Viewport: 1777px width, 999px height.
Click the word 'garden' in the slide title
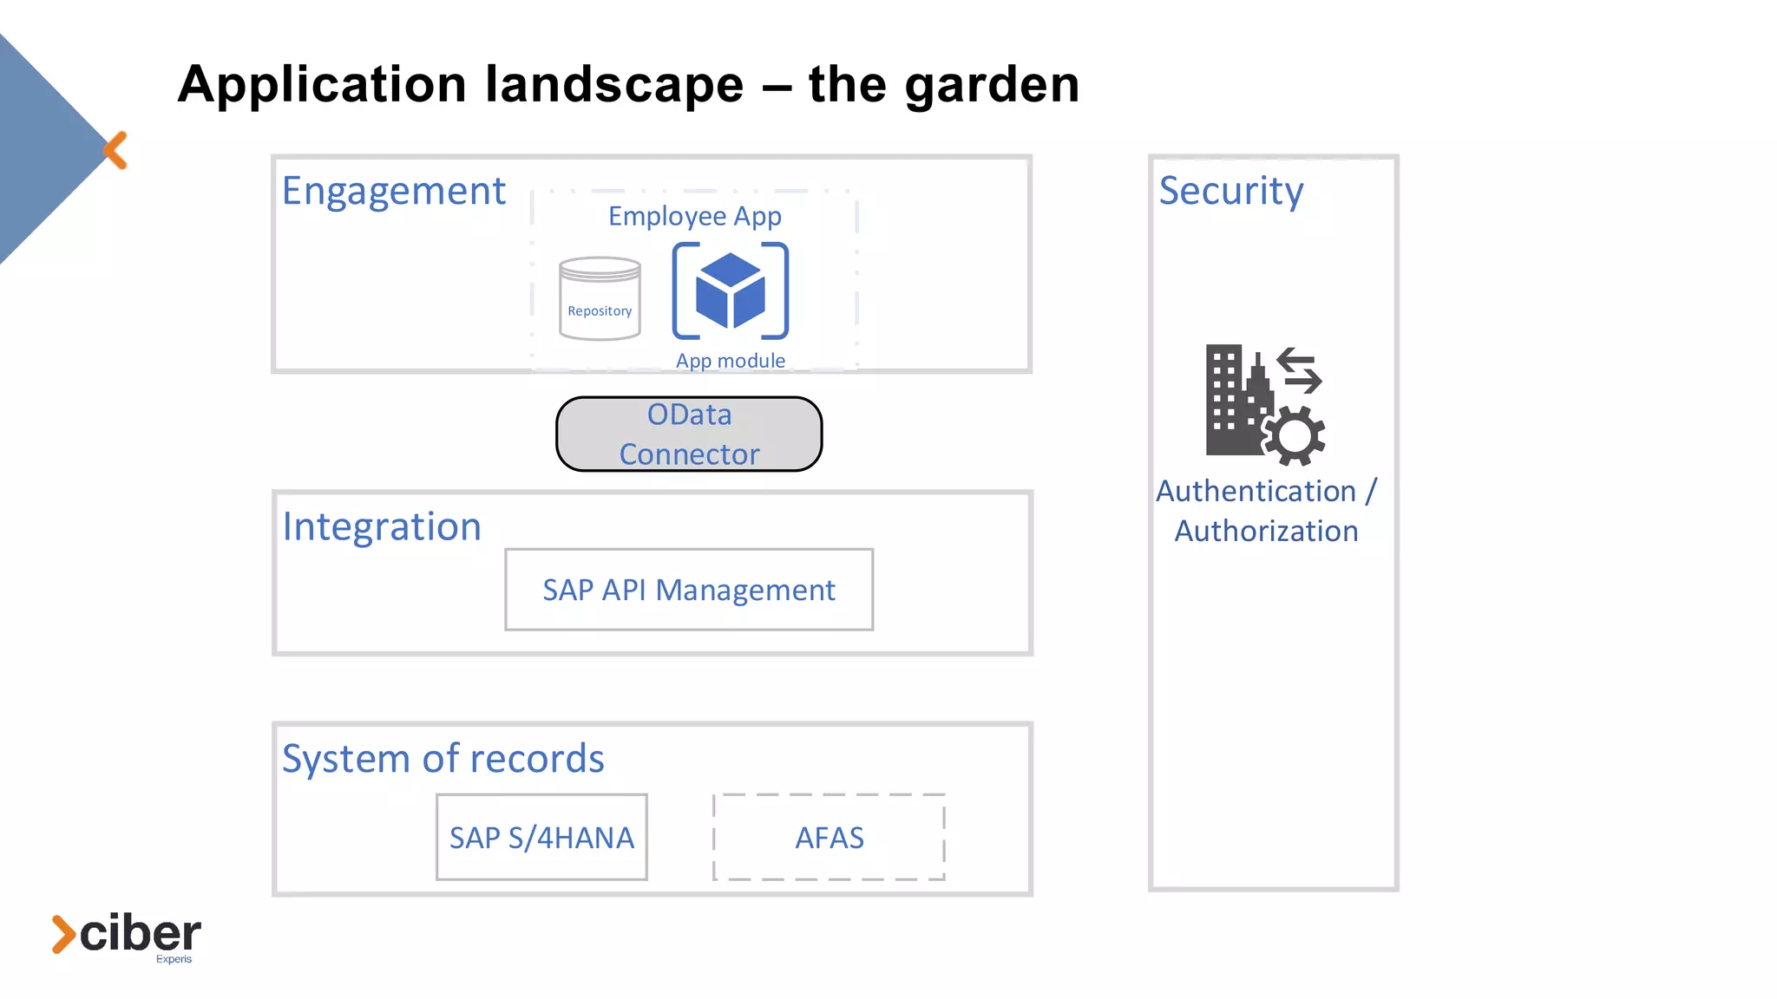click(991, 86)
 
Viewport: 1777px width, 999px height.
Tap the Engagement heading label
click(393, 192)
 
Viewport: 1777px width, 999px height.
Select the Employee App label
click(694, 216)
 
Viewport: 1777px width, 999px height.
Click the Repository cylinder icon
click(600, 298)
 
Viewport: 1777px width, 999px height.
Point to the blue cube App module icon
click(730, 291)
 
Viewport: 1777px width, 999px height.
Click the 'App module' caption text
click(730, 361)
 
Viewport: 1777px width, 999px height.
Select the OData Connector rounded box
click(689, 434)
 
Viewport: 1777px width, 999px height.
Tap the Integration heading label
click(382, 527)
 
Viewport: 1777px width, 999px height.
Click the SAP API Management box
click(689, 590)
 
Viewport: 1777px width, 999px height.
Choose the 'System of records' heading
click(443, 759)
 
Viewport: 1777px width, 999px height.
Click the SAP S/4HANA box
click(541, 838)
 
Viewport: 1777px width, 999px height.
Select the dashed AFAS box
click(829, 838)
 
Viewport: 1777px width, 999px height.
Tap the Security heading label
click(1230, 191)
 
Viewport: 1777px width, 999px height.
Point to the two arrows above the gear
click(1299, 370)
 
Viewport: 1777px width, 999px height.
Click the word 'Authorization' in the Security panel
click(1266, 532)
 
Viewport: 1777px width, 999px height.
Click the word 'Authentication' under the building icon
click(1256, 492)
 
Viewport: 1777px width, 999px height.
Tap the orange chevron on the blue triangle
click(115, 151)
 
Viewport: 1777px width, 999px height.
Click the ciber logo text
click(139, 934)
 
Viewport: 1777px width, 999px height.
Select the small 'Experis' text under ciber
click(174, 959)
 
